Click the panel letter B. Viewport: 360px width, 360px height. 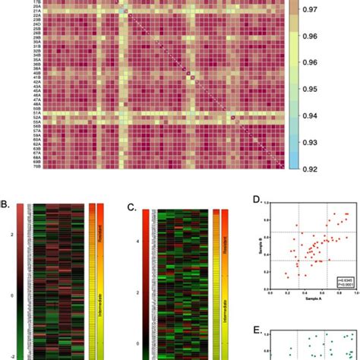(5, 204)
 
